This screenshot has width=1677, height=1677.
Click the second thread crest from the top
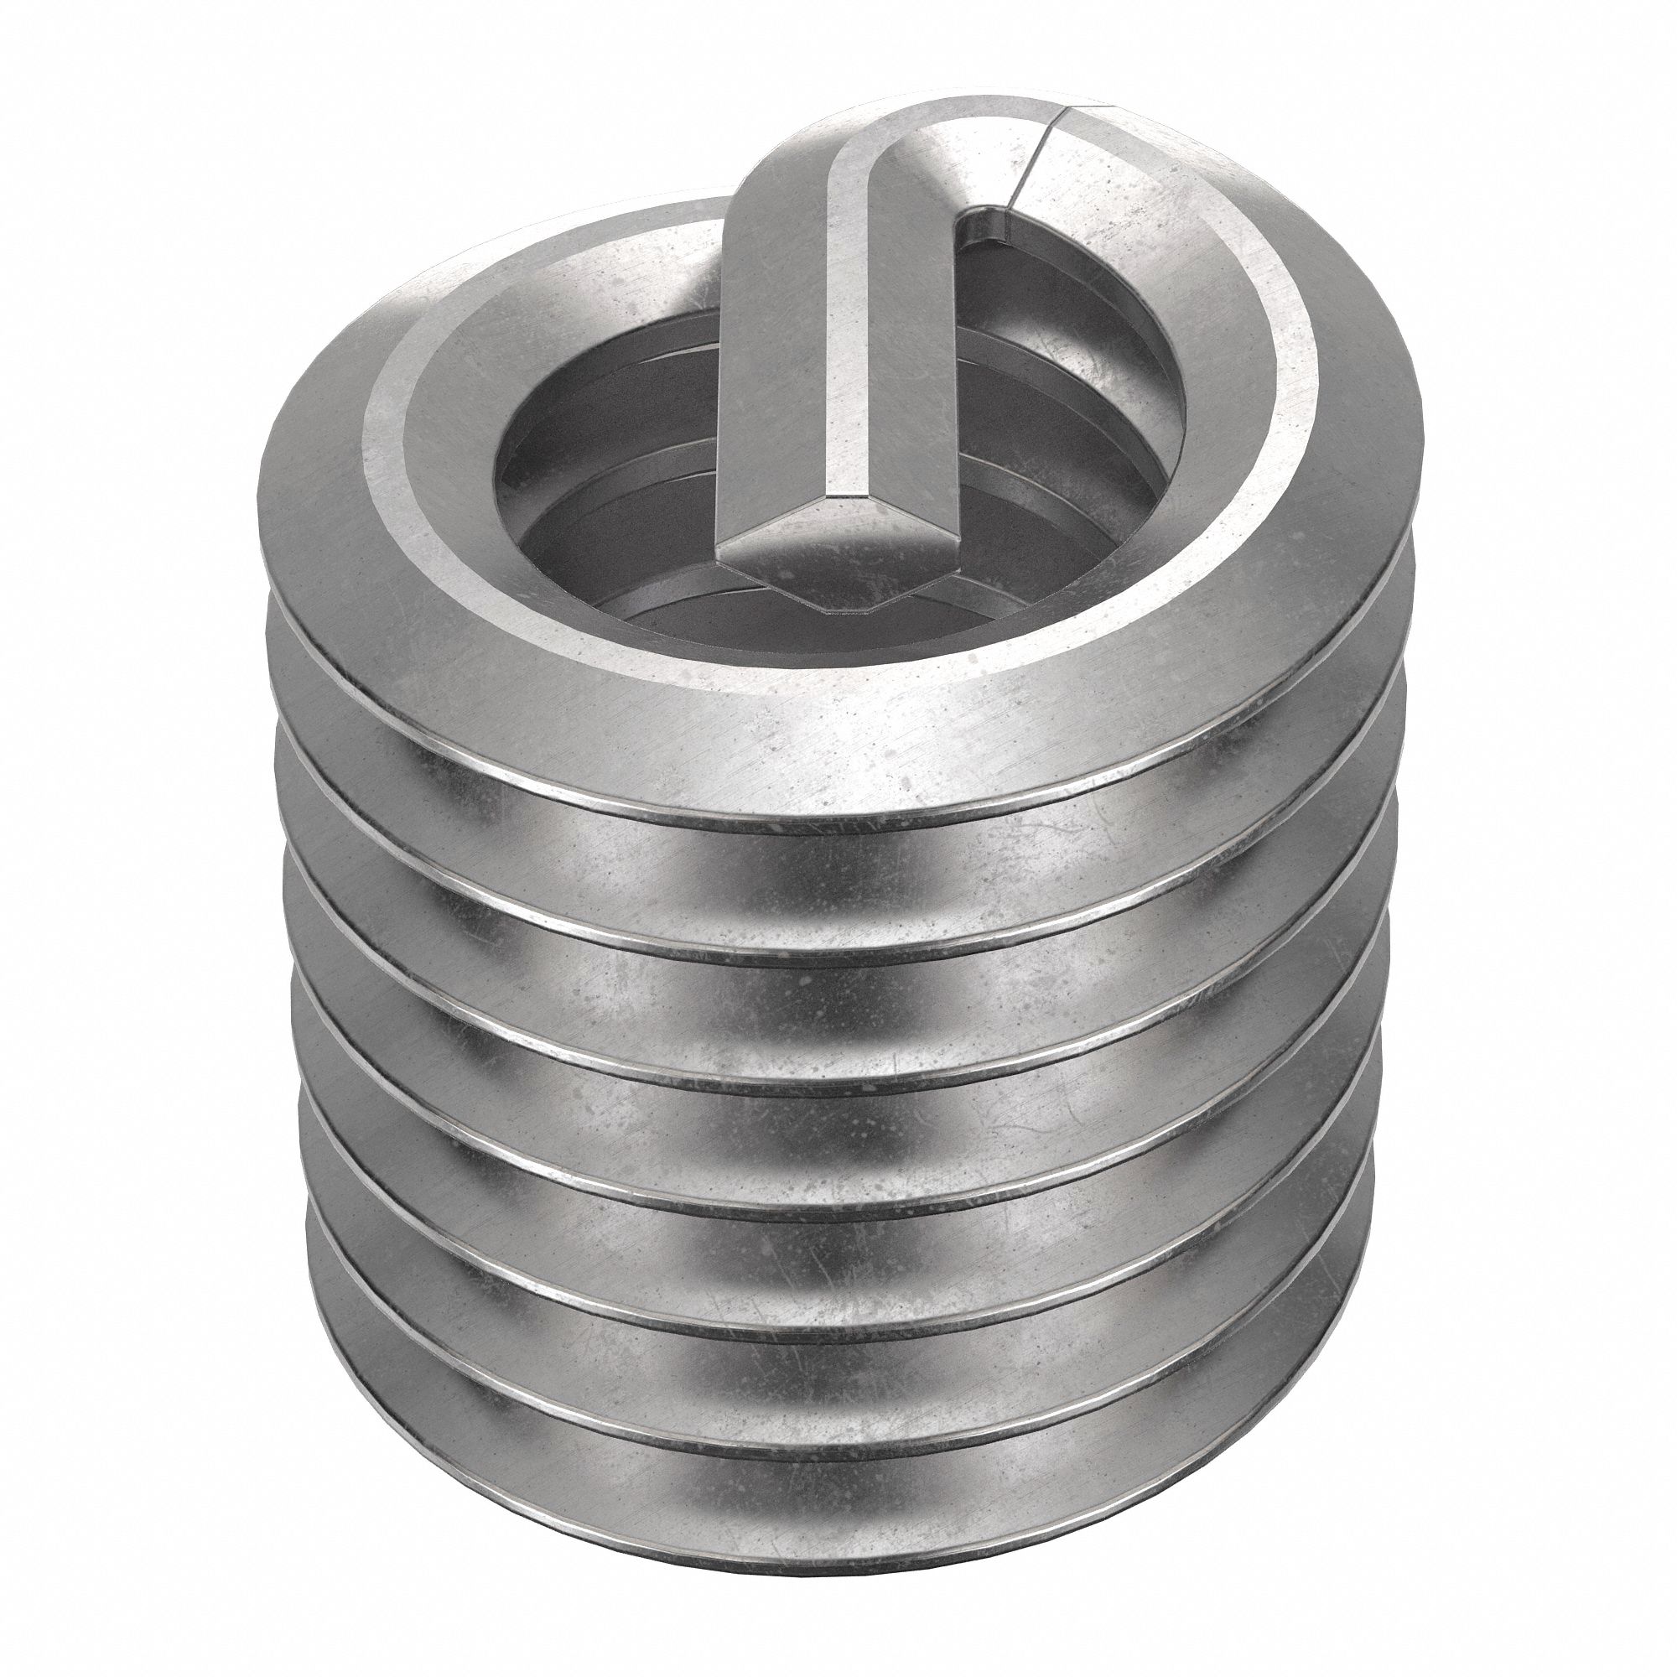point(833,963)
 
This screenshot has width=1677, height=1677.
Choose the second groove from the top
point(833,1025)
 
